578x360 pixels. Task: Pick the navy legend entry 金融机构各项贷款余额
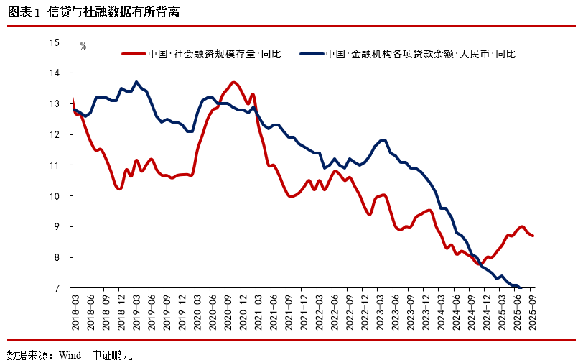click(x=419, y=54)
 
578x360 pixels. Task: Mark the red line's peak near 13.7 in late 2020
click(x=234, y=82)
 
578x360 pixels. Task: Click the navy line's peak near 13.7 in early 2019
click(x=136, y=82)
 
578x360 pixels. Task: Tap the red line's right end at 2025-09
click(x=532, y=236)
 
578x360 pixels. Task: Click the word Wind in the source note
click(x=70, y=354)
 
